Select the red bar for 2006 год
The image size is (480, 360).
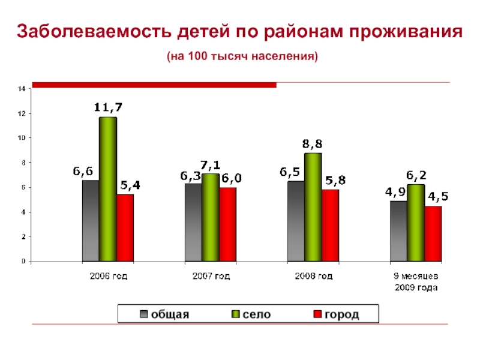pos(125,228)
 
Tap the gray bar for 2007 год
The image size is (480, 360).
pos(193,223)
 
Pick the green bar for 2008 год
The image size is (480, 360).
pos(313,207)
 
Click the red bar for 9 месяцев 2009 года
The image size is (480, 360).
pos(433,234)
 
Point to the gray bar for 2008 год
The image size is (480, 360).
pos(296,221)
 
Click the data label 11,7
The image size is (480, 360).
pos(108,108)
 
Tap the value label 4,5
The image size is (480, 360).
pos(437,196)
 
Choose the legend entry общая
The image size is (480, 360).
pos(165,314)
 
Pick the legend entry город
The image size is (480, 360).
pos(336,314)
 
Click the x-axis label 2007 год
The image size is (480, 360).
pos(211,277)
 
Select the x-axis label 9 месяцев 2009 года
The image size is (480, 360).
pos(416,282)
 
